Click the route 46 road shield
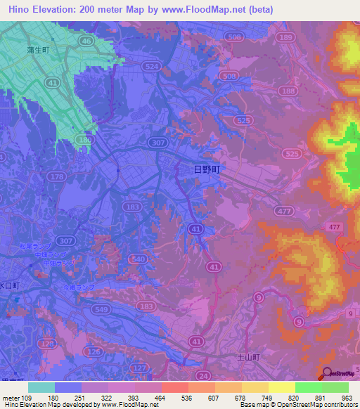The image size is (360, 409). coord(86,41)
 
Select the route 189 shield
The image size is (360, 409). coord(285,37)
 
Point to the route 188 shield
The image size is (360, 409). coord(286,91)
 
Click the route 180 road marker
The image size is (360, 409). coord(85,141)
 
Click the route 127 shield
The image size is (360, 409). coord(141,367)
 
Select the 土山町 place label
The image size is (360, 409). coord(247,358)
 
